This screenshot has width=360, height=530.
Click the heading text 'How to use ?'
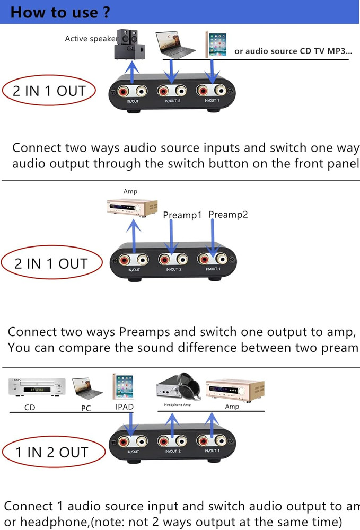pyautogui.click(x=55, y=12)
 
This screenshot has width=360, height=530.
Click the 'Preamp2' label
pyautogui.click(x=228, y=214)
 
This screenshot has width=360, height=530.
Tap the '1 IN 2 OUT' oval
pyautogui.click(x=51, y=452)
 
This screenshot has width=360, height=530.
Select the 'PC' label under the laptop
pyautogui.click(x=86, y=408)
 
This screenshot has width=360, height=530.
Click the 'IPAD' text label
pyautogui.click(x=124, y=407)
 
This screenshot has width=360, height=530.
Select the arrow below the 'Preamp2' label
pyautogui.click(x=212, y=240)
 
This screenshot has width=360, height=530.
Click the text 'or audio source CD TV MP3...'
pyautogui.click(x=293, y=51)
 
